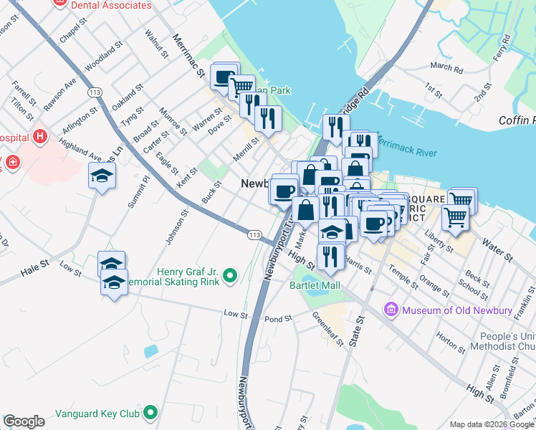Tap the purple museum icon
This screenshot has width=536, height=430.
(x=391, y=310)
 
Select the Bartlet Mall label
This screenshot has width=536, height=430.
(x=315, y=285)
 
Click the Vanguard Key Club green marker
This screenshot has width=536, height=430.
(x=150, y=412)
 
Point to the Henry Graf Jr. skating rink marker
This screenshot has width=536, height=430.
(x=230, y=274)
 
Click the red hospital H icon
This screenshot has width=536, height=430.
(x=41, y=136)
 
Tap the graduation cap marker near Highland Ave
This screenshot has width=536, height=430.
(x=102, y=175)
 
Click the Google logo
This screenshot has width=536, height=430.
(x=24, y=421)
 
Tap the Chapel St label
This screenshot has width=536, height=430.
(x=72, y=34)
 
